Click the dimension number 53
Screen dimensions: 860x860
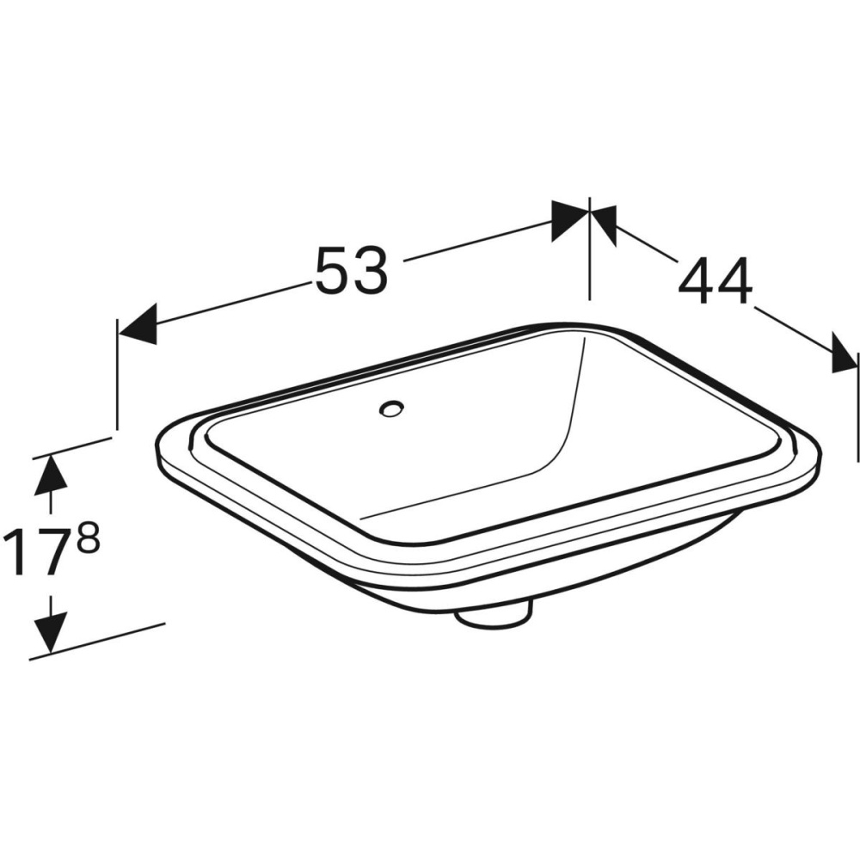pos(352,270)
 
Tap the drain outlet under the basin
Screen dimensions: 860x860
pos(493,613)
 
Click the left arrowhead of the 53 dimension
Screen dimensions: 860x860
pos(138,324)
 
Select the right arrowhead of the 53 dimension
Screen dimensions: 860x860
pos(569,219)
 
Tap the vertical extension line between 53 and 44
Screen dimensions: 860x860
pos(589,258)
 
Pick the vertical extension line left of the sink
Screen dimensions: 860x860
pos(117,378)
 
